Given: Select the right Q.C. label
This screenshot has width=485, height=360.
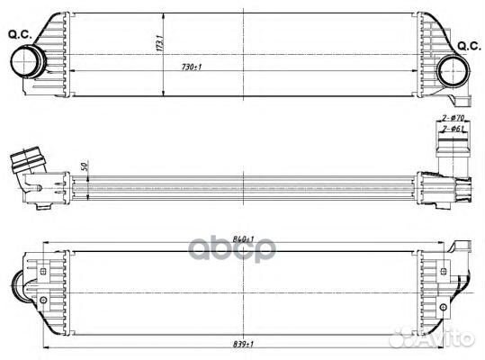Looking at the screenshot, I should [469, 45].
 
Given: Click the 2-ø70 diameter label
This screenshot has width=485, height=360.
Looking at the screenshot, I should [452, 119].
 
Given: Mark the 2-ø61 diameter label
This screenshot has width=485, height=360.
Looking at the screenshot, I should [452, 130].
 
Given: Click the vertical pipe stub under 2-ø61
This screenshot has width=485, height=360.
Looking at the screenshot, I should [448, 153].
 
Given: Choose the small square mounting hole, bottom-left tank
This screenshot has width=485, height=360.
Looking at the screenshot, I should [41, 266].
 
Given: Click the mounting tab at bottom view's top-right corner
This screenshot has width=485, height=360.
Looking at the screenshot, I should [463, 247].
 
